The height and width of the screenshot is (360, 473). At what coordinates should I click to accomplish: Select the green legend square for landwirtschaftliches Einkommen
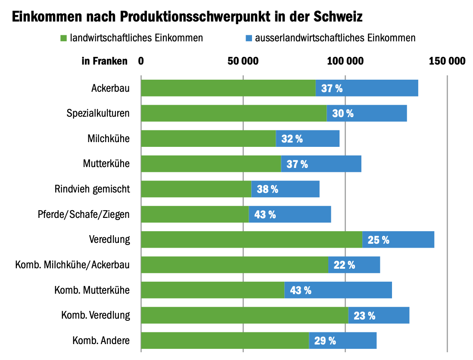[x=63, y=38]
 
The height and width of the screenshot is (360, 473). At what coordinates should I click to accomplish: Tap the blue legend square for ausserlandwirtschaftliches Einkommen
[x=249, y=38]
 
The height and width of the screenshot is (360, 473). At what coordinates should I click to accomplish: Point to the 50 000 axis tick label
[x=243, y=61]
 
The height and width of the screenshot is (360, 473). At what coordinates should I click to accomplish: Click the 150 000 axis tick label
[x=447, y=61]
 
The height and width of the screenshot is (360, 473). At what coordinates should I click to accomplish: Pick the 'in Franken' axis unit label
[x=105, y=61]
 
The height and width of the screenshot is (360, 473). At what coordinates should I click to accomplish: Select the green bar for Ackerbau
[x=228, y=88]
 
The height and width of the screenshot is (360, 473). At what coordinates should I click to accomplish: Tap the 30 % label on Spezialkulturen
[x=343, y=114]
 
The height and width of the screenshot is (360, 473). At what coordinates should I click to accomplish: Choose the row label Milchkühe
[x=108, y=139]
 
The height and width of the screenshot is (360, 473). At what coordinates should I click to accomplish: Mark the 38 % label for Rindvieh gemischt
[x=268, y=189]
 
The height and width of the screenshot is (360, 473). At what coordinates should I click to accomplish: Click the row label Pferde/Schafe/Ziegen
[x=84, y=214]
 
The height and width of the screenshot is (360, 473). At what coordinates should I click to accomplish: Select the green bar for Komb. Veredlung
[x=244, y=316]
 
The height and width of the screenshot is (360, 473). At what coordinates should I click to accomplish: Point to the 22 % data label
[x=344, y=265]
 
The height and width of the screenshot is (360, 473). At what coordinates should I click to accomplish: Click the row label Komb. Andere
[x=101, y=341]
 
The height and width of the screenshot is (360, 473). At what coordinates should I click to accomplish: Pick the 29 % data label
[x=325, y=341]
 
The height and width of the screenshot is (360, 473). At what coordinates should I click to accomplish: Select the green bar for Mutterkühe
[x=211, y=164]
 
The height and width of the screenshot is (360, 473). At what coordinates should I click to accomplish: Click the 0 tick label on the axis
[x=141, y=61]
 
